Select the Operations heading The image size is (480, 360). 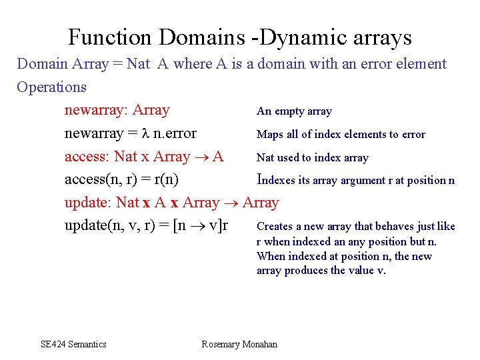(51, 87)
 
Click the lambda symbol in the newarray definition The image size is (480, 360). (144, 133)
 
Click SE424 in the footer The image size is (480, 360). (54, 344)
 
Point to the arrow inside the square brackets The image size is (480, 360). (199, 226)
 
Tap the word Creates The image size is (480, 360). (275, 227)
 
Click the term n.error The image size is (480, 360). (175, 133)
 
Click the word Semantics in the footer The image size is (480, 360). (87, 344)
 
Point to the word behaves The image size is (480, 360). (397, 227)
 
